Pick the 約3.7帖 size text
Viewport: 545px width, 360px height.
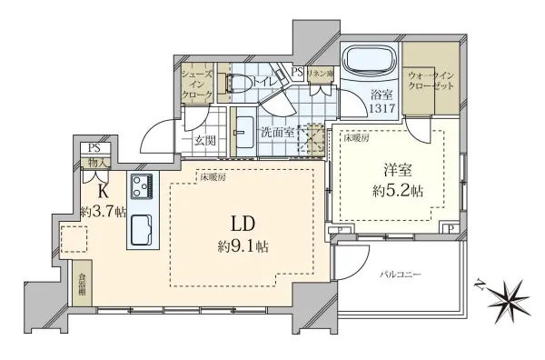(101, 213)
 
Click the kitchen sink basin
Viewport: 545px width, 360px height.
(144, 232)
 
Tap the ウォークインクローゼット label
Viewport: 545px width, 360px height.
(425, 81)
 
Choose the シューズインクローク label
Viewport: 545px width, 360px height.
(197, 83)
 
